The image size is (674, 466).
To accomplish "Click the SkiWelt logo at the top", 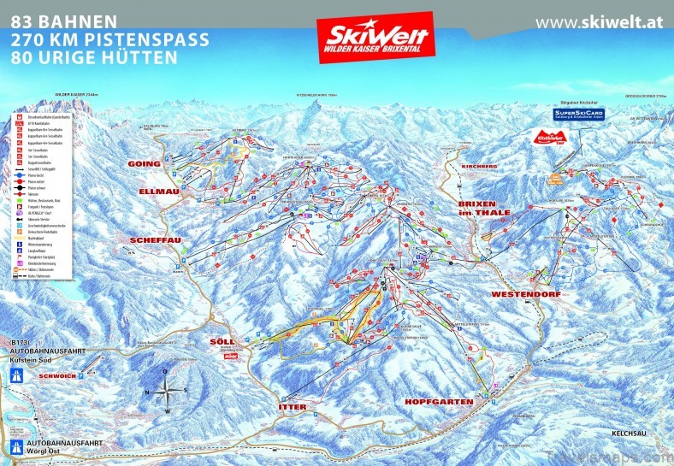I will click(x=374, y=37).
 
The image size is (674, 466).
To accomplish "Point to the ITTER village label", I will click(x=292, y=406).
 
